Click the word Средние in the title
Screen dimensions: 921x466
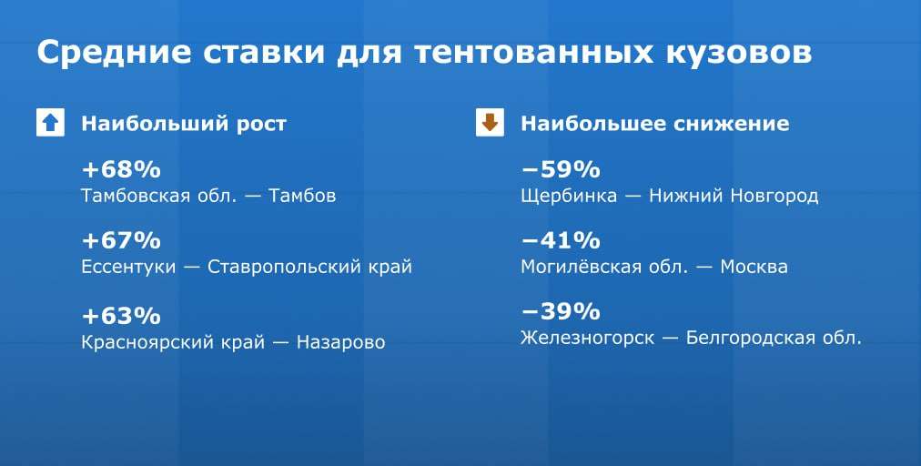coord(115,52)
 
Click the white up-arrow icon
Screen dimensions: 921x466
coord(51,123)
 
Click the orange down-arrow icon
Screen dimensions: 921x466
coord(490,123)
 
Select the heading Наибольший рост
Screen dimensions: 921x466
coord(184,124)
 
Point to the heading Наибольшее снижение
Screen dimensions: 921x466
coord(655,124)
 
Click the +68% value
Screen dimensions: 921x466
coord(121,170)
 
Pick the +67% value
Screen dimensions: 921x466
coord(121,241)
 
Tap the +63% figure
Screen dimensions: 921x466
coord(121,316)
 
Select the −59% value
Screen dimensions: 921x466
coord(561,170)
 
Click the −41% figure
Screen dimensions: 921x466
coord(561,241)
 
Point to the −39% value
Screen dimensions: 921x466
coord(561,311)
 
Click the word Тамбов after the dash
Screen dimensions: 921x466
coord(302,196)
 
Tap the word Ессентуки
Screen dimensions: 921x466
coord(128,268)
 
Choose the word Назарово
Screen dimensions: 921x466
coord(340,342)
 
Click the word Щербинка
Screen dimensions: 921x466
coord(569,196)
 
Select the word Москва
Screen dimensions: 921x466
coord(754,268)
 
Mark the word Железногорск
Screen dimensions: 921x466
coord(587,339)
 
